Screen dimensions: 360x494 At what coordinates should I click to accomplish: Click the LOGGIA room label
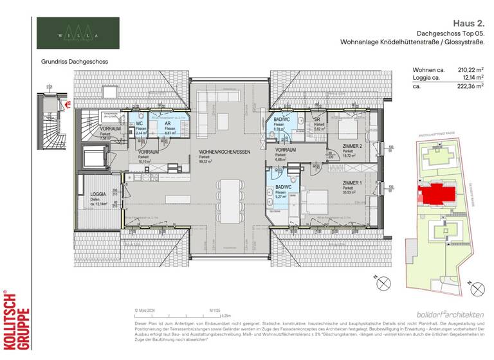click(x=98, y=194)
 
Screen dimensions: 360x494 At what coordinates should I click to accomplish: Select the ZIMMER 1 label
click(x=354, y=183)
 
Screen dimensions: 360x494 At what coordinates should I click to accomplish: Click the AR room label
click(x=167, y=123)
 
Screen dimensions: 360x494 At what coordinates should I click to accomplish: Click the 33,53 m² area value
click(x=350, y=193)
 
